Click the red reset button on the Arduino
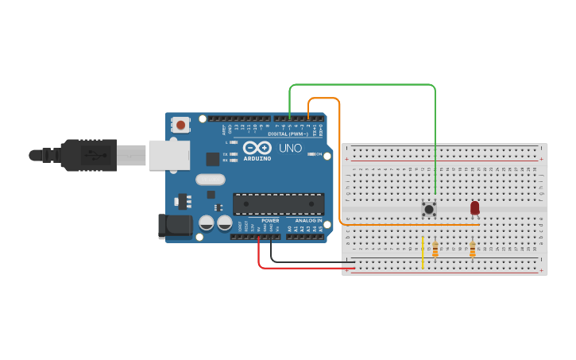tap(181, 125)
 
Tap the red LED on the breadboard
tap(475, 207)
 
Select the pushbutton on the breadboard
tap(429, 210)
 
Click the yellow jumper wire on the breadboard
tap(423, 253)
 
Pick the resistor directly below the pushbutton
tap(435, 250)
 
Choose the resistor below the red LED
tap(473, 250)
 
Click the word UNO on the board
tap(290, 148)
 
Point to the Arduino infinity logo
tap(257, 148)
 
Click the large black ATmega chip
tap(278, 203)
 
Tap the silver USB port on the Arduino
tap(168, 155)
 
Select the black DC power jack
tap(174, 226)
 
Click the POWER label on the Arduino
tap(270, 220)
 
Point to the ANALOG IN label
tap(308, 220)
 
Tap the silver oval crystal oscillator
tap(211, 180)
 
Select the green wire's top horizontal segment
tap(361, 84)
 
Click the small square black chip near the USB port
tap(212, 159)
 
